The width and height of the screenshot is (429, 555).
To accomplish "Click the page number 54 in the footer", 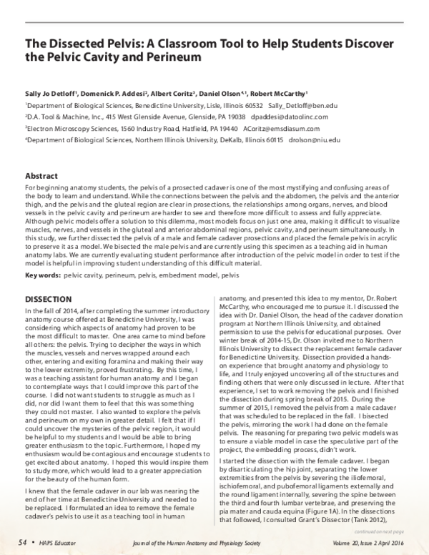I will (22, 541).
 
